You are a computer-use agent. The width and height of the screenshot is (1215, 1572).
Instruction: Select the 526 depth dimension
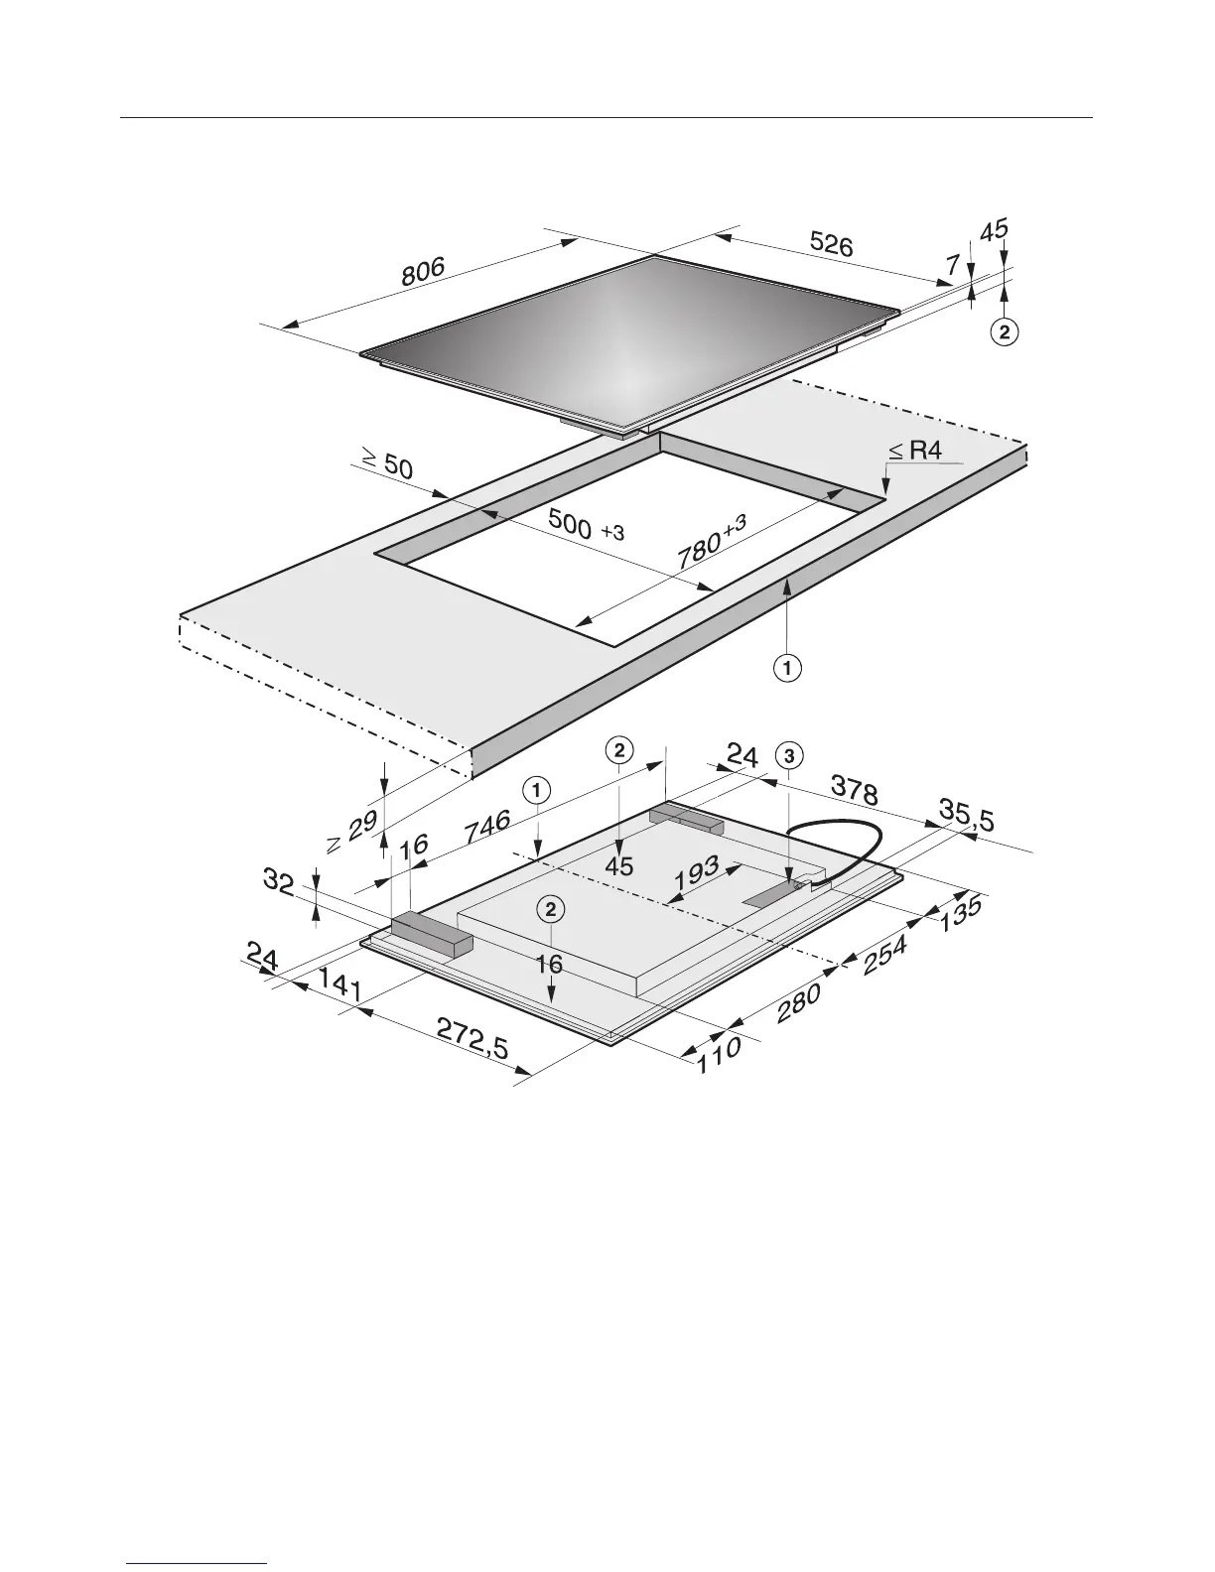(830, 243)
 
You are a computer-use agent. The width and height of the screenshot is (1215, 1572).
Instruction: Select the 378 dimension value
(854, 792)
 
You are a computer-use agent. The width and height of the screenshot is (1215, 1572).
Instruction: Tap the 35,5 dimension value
(967, 817)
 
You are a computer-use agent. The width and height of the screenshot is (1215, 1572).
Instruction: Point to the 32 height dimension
(281, 880)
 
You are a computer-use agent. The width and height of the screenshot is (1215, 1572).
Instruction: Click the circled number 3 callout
(788, 755)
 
